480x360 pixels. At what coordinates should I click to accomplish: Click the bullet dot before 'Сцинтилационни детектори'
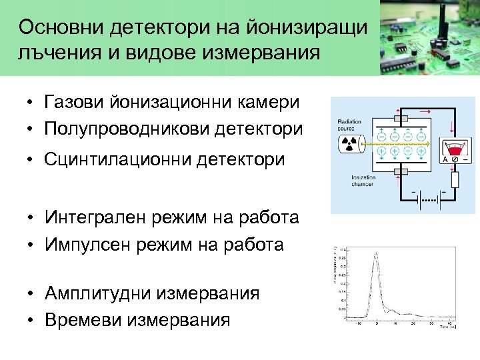(31, 161)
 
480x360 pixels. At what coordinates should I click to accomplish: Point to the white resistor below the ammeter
(455, 179)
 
